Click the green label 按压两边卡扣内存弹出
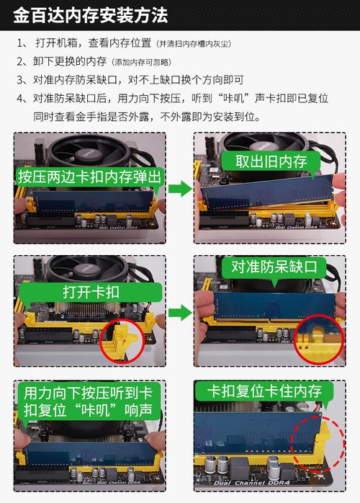click(x=91, y=177)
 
